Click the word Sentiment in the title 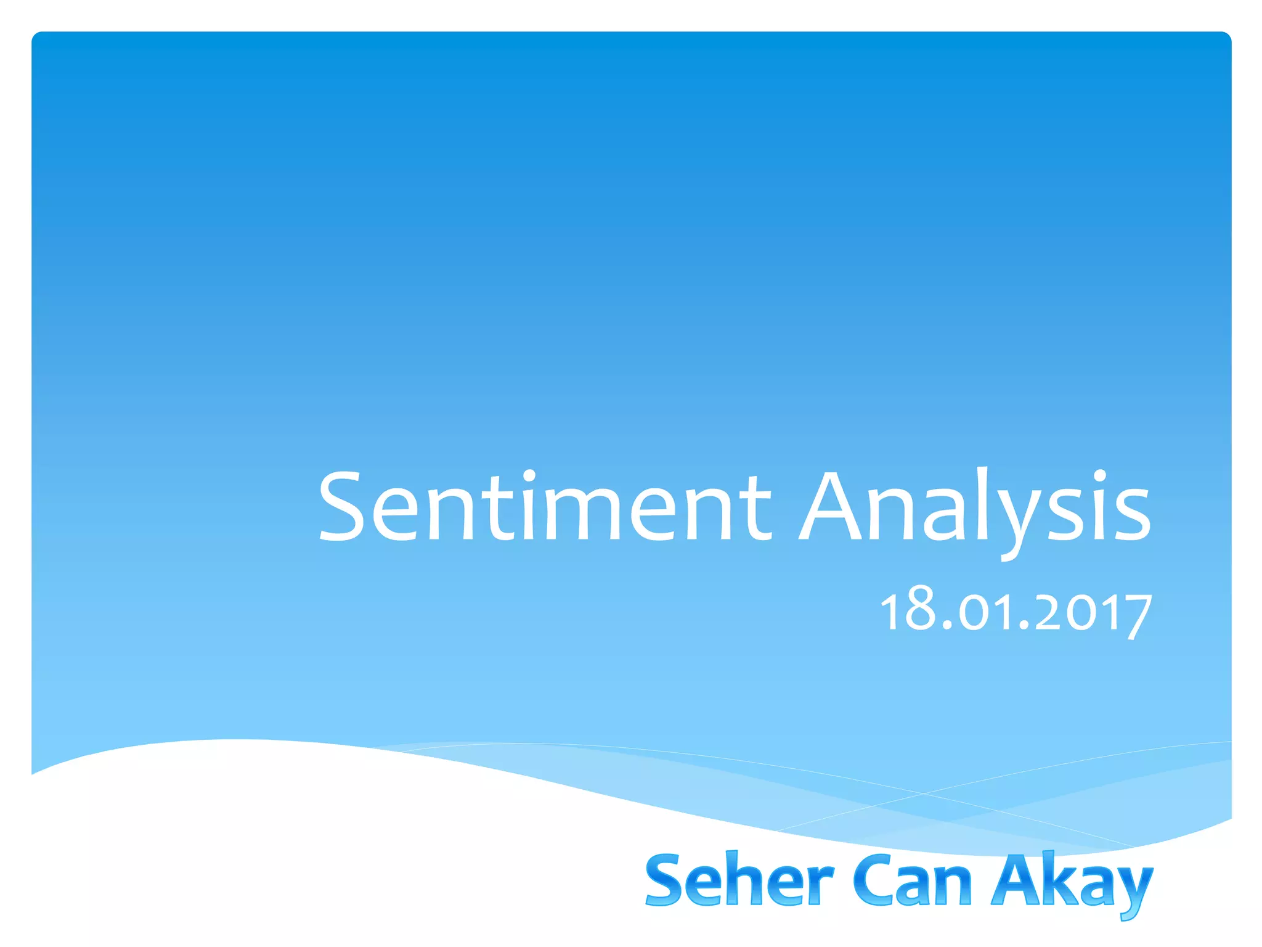point(545,507)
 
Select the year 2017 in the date point(1093,612)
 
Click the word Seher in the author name point(739,880)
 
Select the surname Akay point(1072,882)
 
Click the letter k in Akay point(1048,880)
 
